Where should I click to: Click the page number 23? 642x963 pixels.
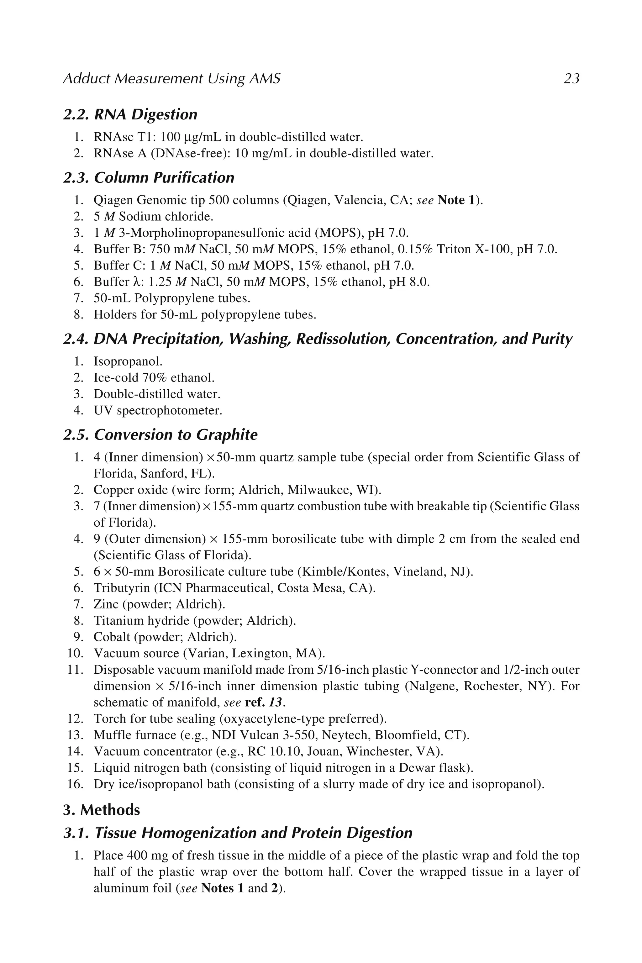[571, 78]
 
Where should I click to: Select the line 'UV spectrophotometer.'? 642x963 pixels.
[158, 411]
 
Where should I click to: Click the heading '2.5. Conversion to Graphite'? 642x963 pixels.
[160, 435]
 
